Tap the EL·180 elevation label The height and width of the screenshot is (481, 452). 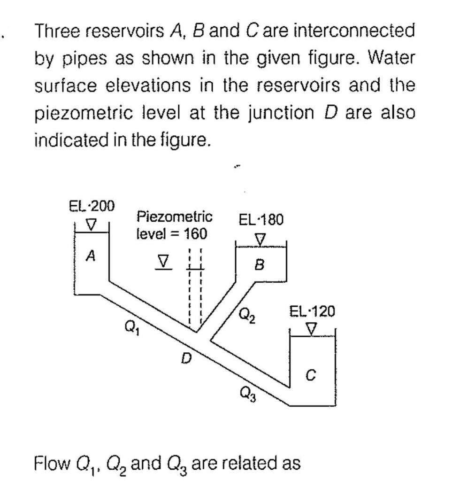(261, 219)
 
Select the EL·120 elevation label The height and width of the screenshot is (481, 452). (312, 311)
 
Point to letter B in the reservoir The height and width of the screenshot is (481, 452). (259, 265)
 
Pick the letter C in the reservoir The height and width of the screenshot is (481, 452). (310, 374)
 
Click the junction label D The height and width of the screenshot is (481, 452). (187, 359)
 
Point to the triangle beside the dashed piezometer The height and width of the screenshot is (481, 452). (163, 261)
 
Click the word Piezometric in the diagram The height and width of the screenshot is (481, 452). (174, 217)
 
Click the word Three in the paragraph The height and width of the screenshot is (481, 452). (60, 31)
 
